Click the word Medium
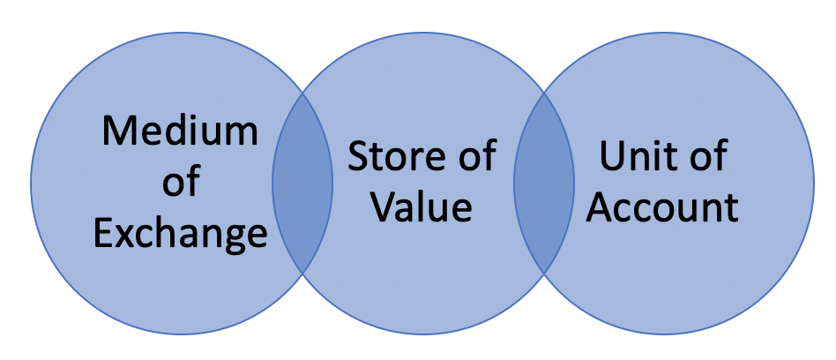(x=180, y=131)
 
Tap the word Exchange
(x=180, y=234)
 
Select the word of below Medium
(x=180, y=183)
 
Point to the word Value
(x=421, y=207)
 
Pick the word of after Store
(x=474, y=157)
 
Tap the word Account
(x=663, y=207)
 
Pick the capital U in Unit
(x=611, y=157)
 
